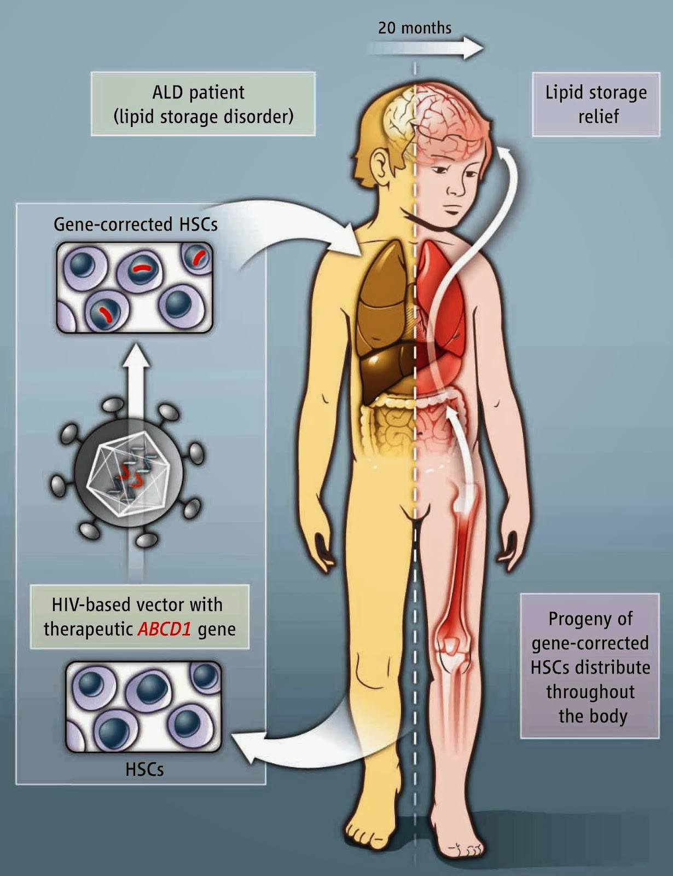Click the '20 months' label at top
coord(415,28)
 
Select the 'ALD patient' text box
coord(203,104)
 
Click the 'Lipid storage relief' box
coord(596,104)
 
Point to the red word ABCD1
coord(164,629)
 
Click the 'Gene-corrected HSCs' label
coord(135,224)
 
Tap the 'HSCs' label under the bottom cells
coord(144,769)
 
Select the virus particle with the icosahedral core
coord(128,469)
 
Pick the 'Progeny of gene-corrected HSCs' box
coord(590,666)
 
